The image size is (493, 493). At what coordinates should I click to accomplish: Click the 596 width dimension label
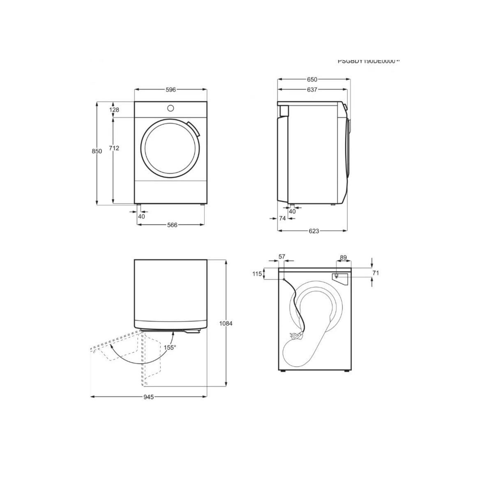(171, 90)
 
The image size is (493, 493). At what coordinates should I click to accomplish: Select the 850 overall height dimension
(97, 151)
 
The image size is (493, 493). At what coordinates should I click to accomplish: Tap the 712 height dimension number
(114, 148)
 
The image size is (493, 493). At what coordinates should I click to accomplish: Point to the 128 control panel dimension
(114, 110)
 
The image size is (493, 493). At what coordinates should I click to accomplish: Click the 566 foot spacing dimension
(172, 225)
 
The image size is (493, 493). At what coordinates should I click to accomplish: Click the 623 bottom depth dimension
(313, 231)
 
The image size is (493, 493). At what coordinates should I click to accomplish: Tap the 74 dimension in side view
(282, 219)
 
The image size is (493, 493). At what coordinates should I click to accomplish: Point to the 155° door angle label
(170, 347)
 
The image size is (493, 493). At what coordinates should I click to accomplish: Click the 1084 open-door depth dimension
(226, 323)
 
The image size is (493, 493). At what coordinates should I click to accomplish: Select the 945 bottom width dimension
(148, 397)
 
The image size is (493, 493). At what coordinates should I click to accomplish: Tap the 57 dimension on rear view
(282, 257)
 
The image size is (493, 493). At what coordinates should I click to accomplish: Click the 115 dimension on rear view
(257, 274)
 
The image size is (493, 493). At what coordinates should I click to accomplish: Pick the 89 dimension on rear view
(343, 258)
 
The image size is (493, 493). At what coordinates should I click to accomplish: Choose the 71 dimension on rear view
(376, 273)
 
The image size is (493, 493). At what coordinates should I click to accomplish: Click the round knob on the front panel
(170, 108)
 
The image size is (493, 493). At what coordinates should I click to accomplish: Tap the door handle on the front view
(194, 129)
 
